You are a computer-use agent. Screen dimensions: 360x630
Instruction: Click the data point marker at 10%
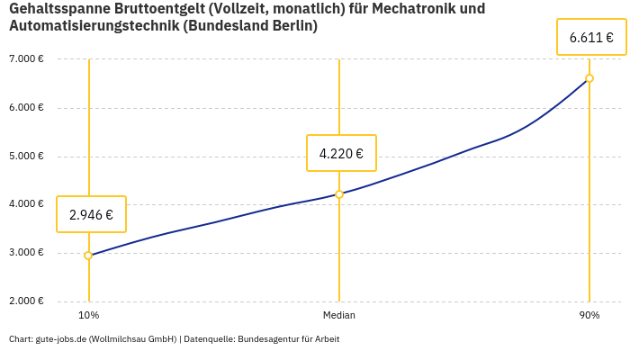tap(88, 256)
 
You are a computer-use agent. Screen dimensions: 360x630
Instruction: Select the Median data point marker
tap(339, 194)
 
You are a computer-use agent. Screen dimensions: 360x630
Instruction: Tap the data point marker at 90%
tap(589, 78)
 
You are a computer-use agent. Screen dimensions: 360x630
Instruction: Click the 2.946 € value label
tap(91, 214)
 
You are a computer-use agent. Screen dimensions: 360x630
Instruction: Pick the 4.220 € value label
tap(341, 153)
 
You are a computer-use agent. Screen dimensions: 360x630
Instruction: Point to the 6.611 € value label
tap(591, 38)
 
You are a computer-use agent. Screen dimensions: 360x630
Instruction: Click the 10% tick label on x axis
tap(88, 315)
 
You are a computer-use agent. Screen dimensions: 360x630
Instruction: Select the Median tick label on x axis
tap(339, 315)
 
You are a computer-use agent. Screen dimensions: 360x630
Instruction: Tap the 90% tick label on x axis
tap(589, 315)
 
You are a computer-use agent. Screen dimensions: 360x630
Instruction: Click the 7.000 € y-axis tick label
tap(26, 59)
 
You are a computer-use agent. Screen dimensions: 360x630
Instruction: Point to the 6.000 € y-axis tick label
tap(26, 108)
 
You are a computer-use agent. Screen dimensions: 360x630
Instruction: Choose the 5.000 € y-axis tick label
tap(26, 156)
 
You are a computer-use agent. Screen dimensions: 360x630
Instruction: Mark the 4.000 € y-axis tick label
tap(26, 204)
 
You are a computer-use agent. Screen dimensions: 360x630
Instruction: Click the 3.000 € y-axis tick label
tap(26, 253)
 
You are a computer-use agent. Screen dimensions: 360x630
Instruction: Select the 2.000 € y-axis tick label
tap(26, 301)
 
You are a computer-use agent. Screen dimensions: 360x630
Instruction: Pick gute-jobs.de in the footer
tap(60, 339)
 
